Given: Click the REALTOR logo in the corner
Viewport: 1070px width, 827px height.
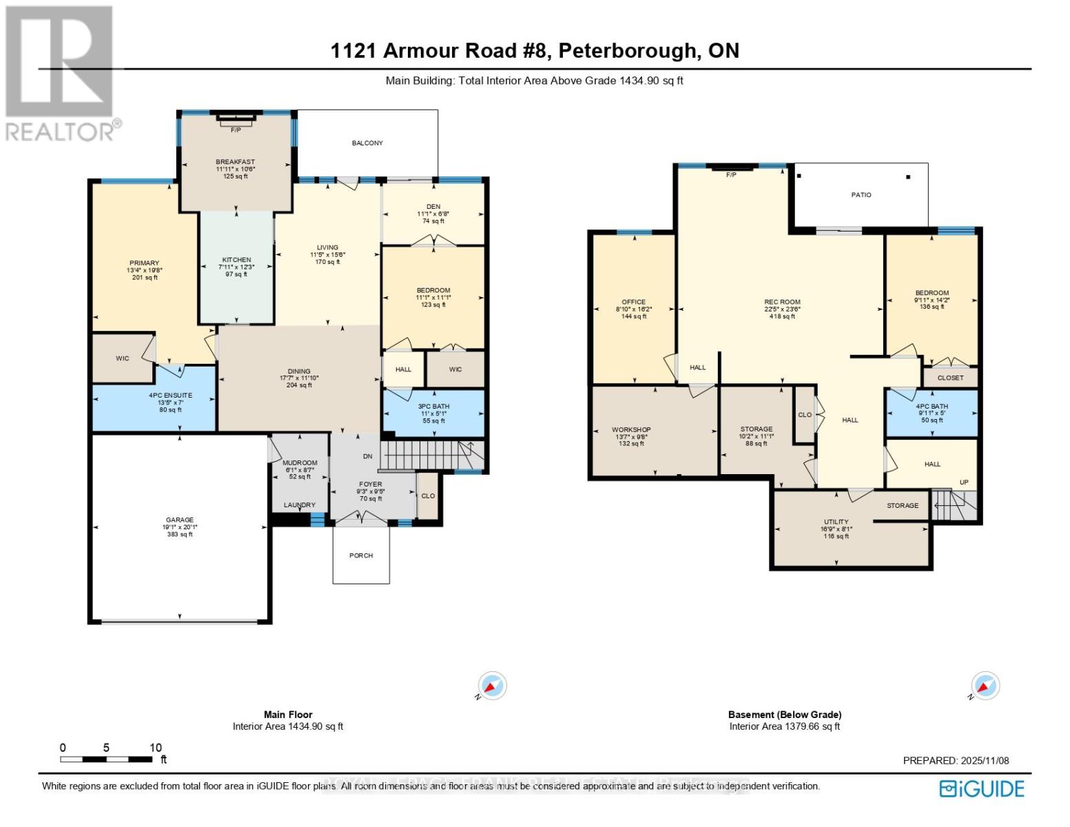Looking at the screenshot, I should [x=61, y=72].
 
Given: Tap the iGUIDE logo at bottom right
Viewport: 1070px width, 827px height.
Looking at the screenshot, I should [x=982, y=788].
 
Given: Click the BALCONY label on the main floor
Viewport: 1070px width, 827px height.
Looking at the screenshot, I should [x=367, y=143].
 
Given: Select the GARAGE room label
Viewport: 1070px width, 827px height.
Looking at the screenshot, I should [x=180, y=520].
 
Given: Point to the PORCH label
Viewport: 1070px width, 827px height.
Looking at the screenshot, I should [x=361, y=555].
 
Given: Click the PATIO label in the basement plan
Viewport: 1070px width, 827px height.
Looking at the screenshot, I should [x=861, y=195].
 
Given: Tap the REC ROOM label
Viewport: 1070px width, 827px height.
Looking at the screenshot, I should [x=782, y=302].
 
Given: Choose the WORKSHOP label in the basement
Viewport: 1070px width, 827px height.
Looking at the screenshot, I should [x=631, y=429].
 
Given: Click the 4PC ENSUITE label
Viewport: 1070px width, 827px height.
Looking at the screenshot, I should [x=170, y=396].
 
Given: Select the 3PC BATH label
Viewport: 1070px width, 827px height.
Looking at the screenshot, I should [x=433, y=406].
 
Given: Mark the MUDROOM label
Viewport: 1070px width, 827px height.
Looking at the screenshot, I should [x=300, y=463].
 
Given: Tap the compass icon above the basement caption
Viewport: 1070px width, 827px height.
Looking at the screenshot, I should [x=985, y=686].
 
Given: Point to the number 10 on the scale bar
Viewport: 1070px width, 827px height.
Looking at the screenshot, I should [x=156, y=748].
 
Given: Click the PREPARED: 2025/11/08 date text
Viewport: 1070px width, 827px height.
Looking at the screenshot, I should [x=956, y=761].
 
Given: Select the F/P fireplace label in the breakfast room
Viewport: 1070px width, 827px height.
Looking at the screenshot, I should [x=236, y=130].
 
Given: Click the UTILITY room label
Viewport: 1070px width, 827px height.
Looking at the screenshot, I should [x=836, y=522].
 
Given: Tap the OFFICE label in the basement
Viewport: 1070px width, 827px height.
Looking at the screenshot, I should [x=634, y=302].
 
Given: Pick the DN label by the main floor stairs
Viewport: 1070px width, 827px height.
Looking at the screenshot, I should [x=367, y=456].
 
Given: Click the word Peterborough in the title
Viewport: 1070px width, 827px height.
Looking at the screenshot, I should [x=626, y=51].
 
